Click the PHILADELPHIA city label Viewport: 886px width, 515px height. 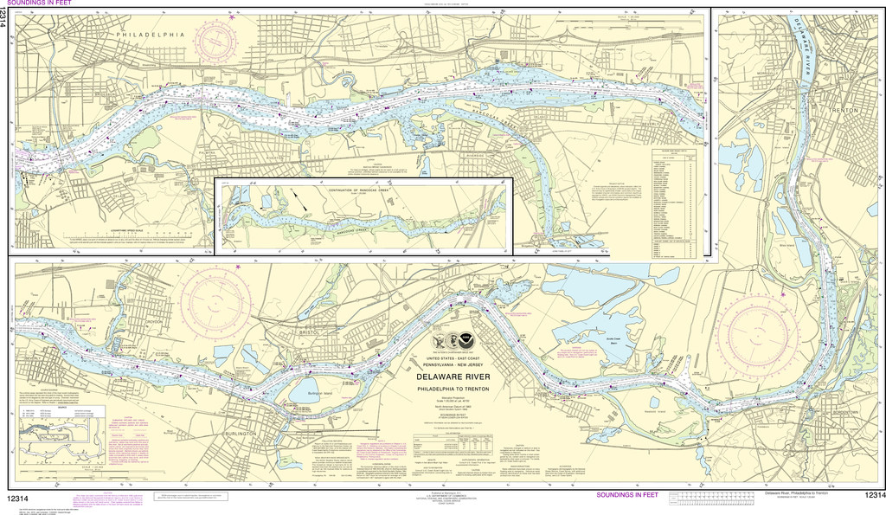click(151, 34)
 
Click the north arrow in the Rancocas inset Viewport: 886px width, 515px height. click(303, 201)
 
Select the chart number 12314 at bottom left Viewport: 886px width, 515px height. click(23, 499)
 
